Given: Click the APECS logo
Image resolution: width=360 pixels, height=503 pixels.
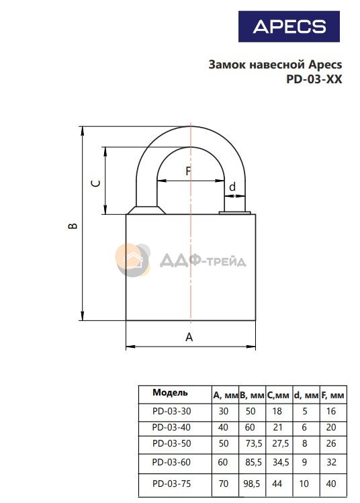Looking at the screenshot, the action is [289, 26].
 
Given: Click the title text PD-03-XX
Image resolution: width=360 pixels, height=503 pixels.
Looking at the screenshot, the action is [314, 79].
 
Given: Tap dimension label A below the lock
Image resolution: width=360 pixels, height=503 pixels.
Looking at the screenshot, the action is [189, 337].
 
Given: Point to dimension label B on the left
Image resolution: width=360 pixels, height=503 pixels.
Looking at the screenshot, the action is [73, 226].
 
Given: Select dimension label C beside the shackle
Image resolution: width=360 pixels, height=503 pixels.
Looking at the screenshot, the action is [96, 183].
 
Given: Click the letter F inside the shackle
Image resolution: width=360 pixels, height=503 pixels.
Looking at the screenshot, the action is [188, 171].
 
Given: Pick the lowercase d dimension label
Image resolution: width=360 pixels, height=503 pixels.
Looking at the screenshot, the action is [232, 187].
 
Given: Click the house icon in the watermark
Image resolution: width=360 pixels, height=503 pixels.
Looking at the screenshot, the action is [132, 260].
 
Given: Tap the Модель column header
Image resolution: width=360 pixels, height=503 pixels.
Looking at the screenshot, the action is [170, 392].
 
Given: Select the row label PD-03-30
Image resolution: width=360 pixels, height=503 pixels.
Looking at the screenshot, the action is [172, 411].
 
